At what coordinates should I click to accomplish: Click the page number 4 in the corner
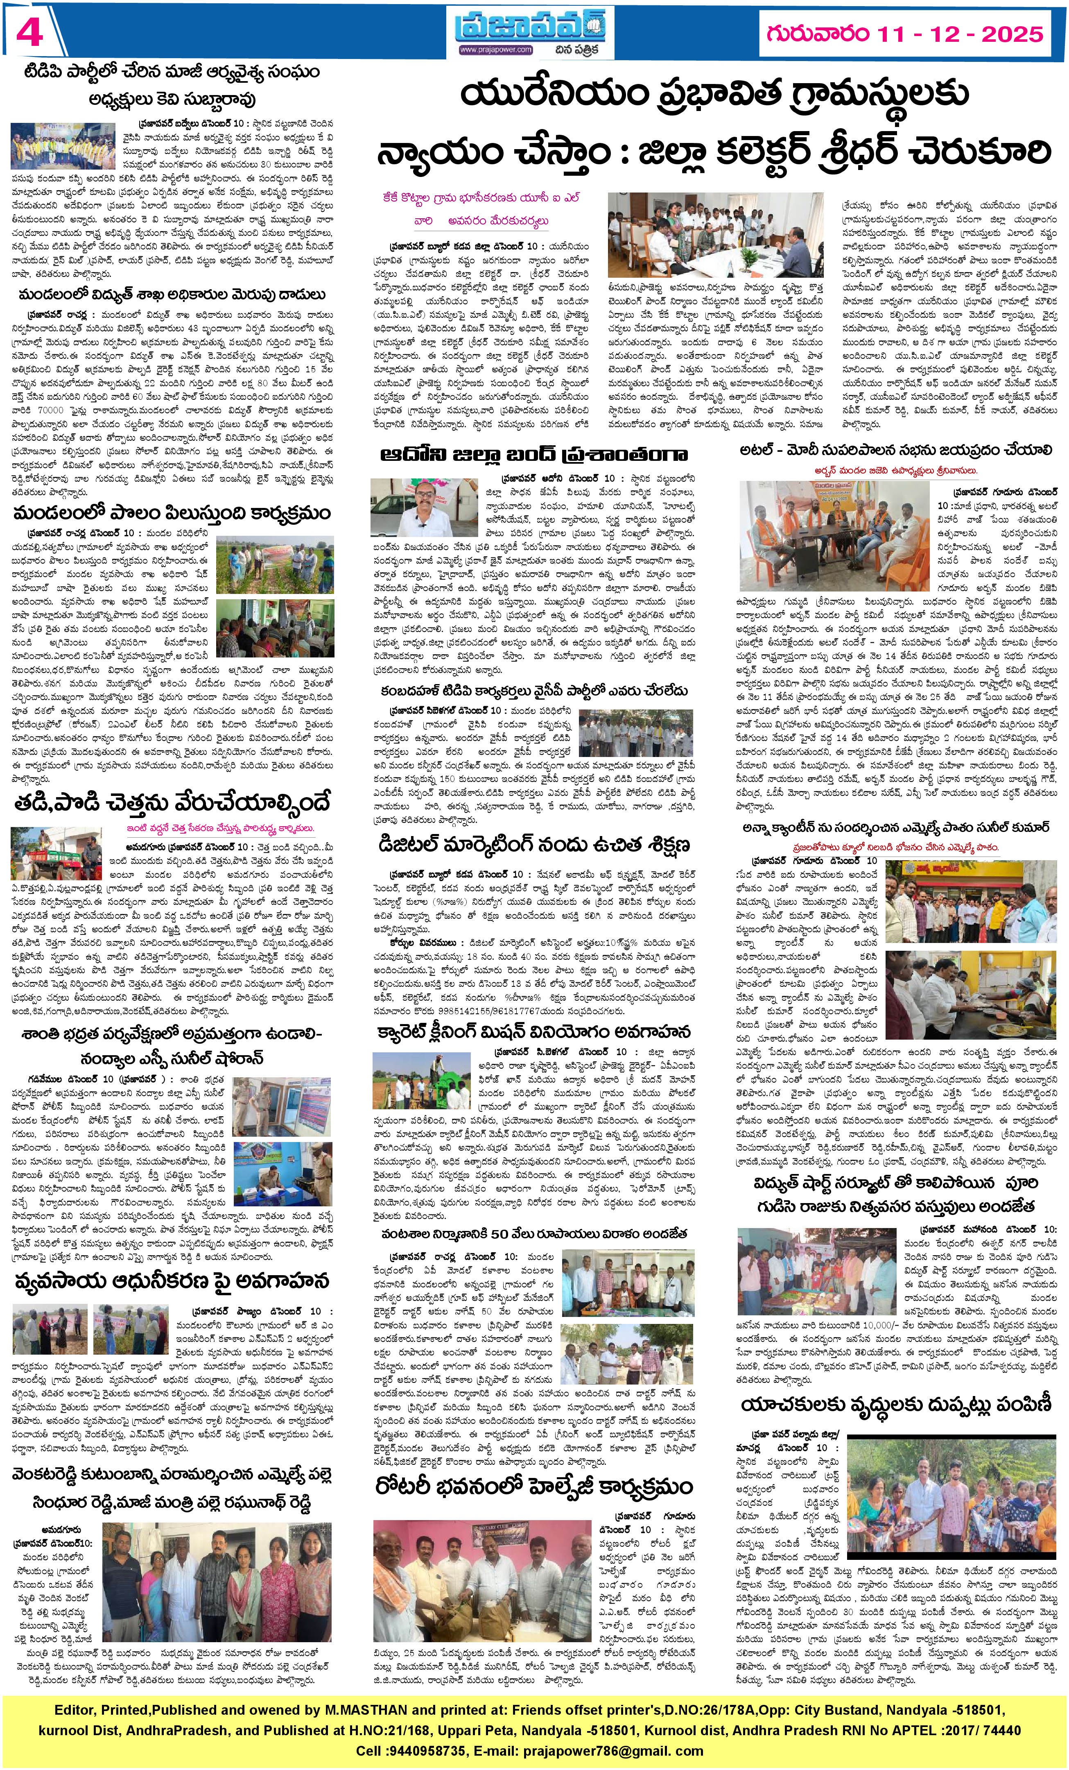29,32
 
